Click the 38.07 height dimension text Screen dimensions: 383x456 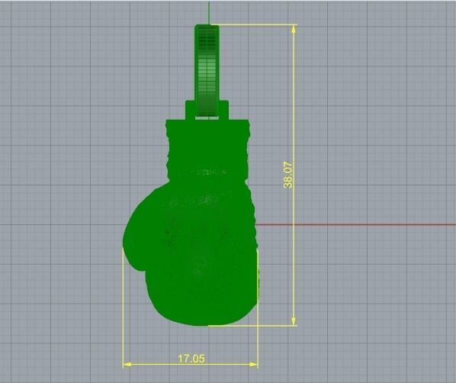[x=288, y=175]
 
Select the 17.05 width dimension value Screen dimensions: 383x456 [x=191, y=358]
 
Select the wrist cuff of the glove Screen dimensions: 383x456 [x=207, y=145]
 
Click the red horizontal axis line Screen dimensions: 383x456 [x=358, y=224]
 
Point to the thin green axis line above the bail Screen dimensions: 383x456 [x=207, y=11]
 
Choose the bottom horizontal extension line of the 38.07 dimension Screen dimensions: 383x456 [x=252, y=326]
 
